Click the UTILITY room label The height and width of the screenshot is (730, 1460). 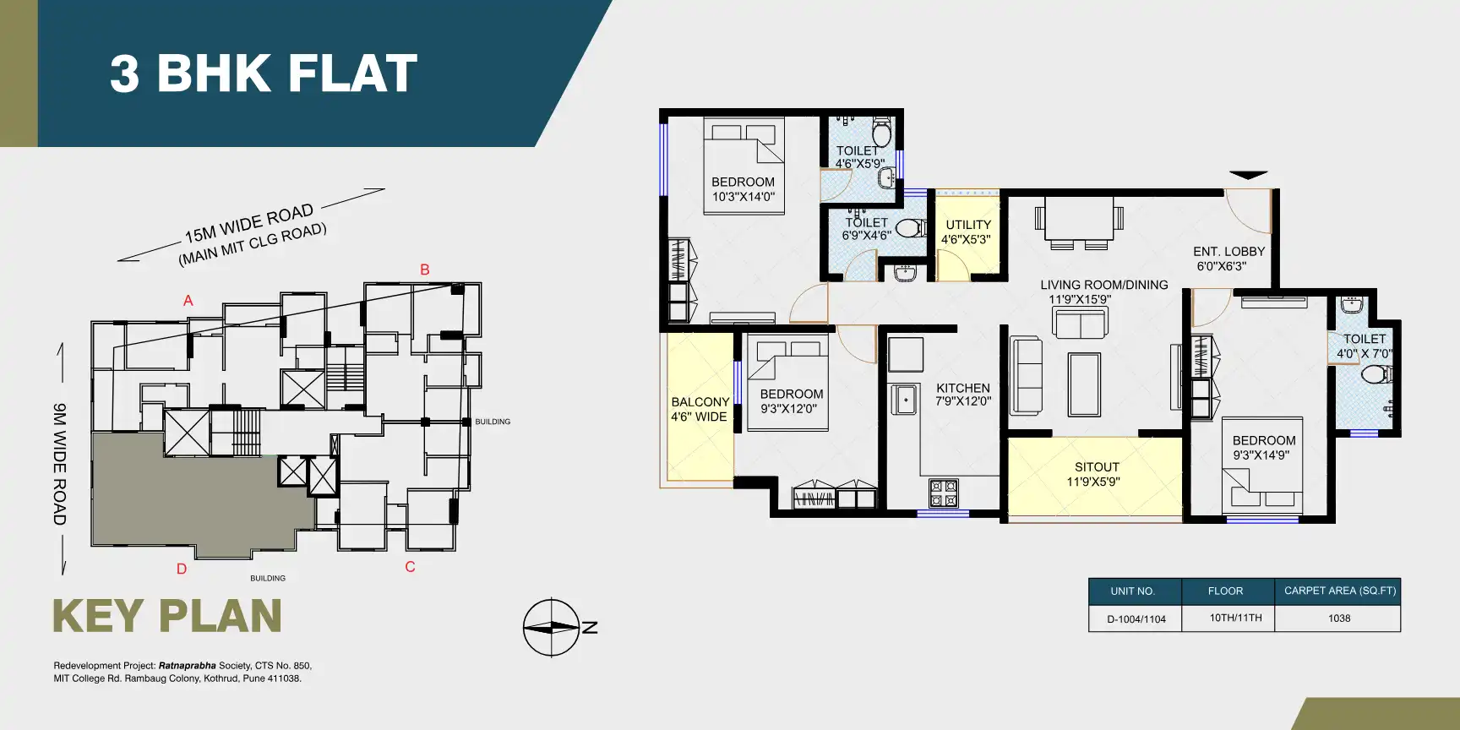click(x=967, y=232)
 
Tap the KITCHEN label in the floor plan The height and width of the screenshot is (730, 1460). click(x=962, y=395)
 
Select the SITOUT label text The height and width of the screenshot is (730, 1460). click(x=1097, y=474)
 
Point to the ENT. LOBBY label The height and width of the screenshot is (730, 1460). click(x=1228, y=259)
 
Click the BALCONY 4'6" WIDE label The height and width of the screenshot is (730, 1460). click(x=700, y=409)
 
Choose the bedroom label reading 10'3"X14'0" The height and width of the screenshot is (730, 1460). click(x=743, y=189)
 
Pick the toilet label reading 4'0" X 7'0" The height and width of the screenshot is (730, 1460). click(x=1364, y=346)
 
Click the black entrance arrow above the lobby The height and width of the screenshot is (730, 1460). click(x=1248, y=176)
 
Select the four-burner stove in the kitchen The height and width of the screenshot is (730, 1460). click(x=944, y=492)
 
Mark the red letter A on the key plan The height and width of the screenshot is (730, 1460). click(x=188, y=301)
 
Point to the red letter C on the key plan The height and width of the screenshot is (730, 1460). click(x=410, y=567)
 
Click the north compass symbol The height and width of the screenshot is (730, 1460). click(x=552, y=628)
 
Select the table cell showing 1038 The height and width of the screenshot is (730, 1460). click(x=1338, y=618)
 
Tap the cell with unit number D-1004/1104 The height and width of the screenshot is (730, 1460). click(x=1136, y=619)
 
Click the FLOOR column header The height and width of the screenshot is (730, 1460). click(x=1225, y=591)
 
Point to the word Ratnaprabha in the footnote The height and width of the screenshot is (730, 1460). click(x=187, y=666)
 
